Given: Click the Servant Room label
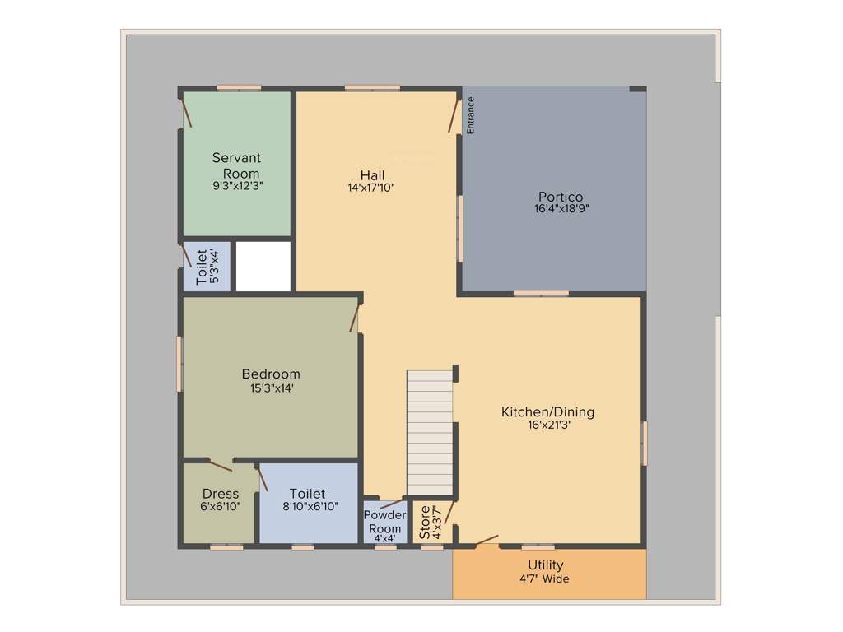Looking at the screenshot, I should [x=236, y=165].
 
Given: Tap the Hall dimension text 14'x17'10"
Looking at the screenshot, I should [x=371, y=188].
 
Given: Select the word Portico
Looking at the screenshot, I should [x=561, y=197].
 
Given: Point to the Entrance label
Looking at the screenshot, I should [x=471, y=115].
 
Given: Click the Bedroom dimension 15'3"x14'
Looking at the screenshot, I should [x=271, y=388].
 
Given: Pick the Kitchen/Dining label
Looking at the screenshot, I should [x=547, y=412].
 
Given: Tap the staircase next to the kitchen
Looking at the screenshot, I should [x=430, y=432].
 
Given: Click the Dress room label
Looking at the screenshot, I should [x=221, y=494].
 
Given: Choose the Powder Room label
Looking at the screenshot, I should [x=384, y=522].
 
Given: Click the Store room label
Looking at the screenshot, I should [x=425, y=523].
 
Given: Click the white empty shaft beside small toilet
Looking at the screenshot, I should [x=263, y=266].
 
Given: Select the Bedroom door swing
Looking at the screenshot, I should [x=355, y=318].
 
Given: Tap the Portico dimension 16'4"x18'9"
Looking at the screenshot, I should [x=561, y=209].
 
